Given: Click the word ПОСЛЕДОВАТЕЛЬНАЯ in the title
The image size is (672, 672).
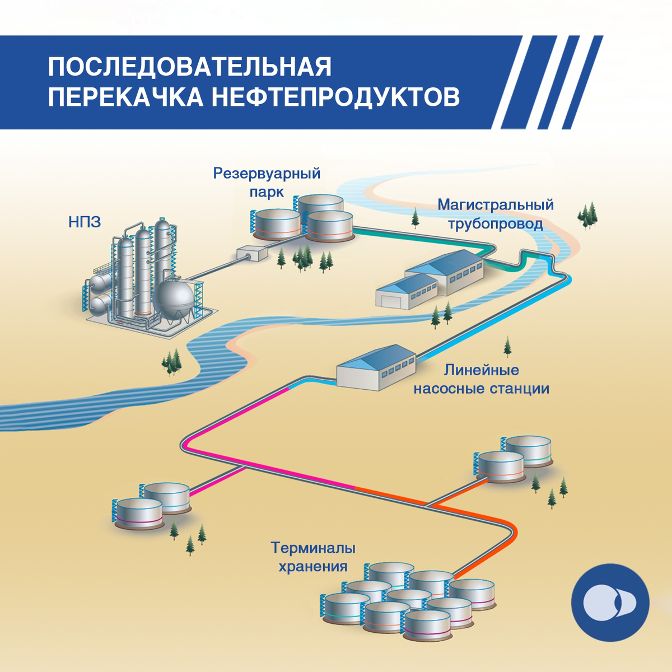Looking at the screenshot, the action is [189, 67].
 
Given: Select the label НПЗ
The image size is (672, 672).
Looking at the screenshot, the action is [85, 222].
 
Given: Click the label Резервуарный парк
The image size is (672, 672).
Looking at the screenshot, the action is [267, 182].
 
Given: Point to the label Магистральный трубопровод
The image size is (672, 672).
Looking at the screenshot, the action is [496, 214].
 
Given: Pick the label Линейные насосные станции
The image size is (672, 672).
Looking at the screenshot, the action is [481, 379].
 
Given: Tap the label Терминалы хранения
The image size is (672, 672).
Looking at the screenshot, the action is [313, 557].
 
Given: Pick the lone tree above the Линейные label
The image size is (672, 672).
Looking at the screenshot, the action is [507, 347].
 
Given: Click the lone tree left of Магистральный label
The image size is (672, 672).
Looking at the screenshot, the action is [415, 218].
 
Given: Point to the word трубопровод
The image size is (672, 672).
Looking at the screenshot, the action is [496, 224].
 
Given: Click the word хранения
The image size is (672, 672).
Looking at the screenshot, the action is [313, 566].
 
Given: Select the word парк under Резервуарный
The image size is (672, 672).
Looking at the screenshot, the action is [267, 192].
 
